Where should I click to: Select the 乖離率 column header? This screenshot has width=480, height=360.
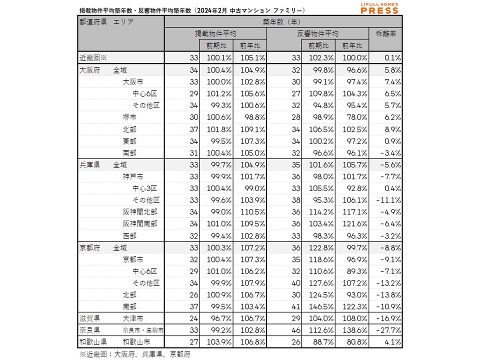click(385, 34)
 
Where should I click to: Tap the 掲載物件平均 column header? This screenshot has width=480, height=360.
click(215, 34)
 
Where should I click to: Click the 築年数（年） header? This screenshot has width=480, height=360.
click(283, 22)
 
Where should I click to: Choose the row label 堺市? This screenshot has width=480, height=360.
click(129, 117)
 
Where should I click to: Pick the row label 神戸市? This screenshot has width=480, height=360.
click(133, 176)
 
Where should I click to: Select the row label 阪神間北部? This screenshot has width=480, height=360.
click(139, 211)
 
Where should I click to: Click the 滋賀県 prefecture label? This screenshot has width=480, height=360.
click(89, 318)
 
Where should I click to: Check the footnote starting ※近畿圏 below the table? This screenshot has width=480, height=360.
click(135, 354)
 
